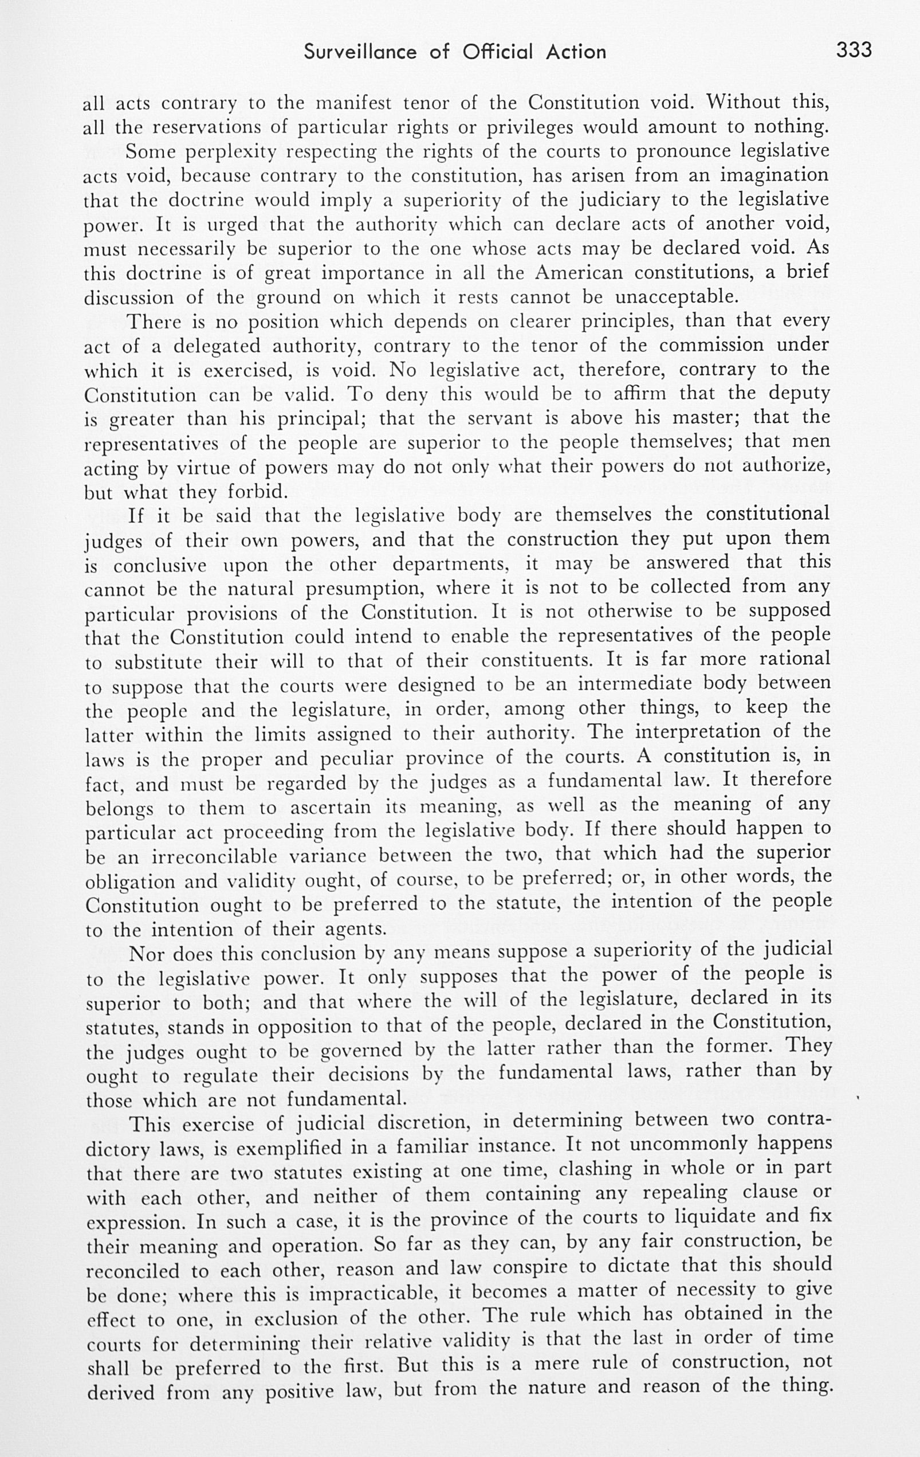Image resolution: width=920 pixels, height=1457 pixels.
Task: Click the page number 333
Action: point(854,50)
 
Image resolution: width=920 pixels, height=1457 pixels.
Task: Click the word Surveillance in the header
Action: point(360,52)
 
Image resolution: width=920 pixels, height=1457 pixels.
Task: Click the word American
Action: point(578,272)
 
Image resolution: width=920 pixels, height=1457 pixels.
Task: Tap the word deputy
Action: point(799,394)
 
